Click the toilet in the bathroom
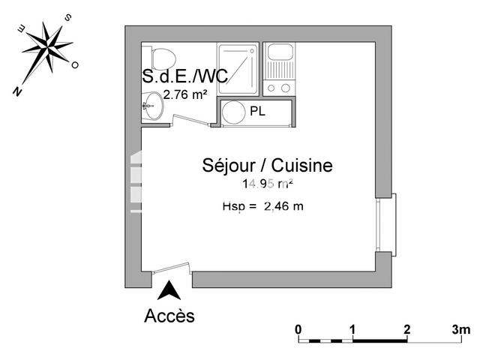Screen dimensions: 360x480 coord(162,57)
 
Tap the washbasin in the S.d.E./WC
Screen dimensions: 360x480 coord(151,105)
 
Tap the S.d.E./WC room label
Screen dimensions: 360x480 coord(184,76)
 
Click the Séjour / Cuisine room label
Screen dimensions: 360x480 coord(266,166)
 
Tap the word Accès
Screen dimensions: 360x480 coord(169,316)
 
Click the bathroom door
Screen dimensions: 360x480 coord(190,120)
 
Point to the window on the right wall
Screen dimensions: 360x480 coord(387,224)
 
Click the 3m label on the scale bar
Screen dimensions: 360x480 coord(460,329)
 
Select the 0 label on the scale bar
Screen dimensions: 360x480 coord(298,329)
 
